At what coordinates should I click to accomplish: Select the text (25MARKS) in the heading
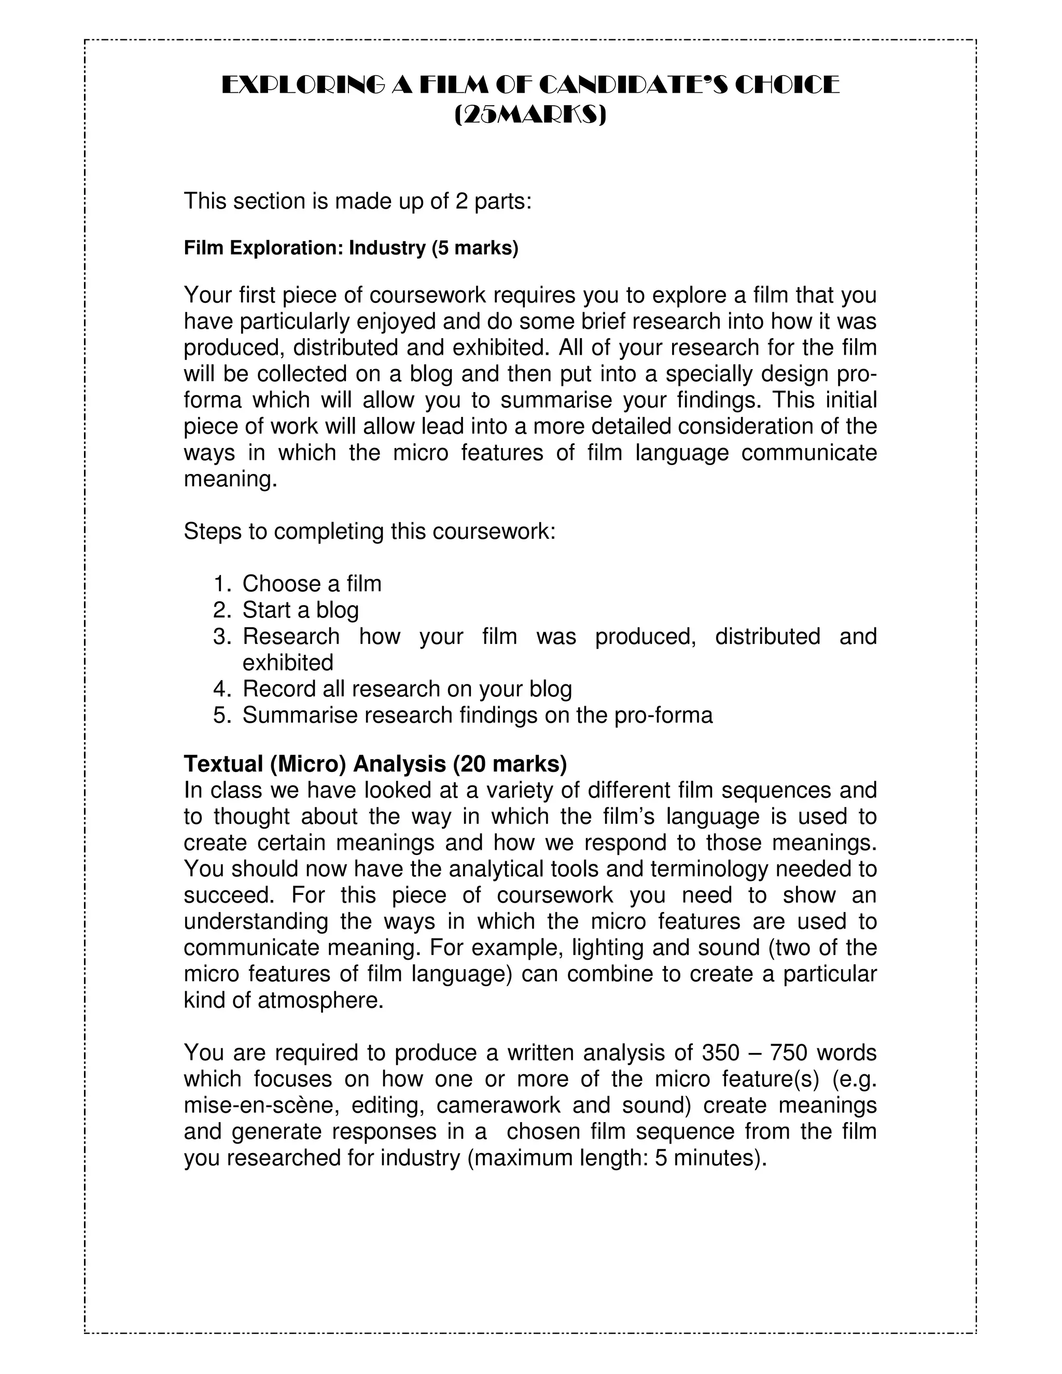tap(530, 115)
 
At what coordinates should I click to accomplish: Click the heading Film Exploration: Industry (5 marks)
tap(351, 248)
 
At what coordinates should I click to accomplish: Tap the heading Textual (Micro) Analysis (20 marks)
tap(375, 764)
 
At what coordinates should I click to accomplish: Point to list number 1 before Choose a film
tap(222, 584)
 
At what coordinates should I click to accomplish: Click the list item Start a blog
tap(300, 610)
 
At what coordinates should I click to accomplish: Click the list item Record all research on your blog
tap(407, 690)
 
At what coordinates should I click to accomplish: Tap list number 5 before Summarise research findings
tap(222, 716)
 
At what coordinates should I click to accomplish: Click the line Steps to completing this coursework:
tap(369, 531)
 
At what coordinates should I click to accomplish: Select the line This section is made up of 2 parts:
tap(357, 201)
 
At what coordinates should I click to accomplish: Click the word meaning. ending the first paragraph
tap(230, 480)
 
